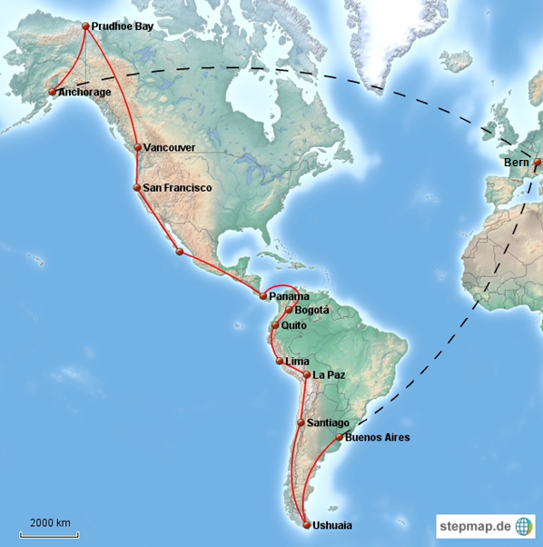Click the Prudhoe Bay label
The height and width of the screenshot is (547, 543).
123,27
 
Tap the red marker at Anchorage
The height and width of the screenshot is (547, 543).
53,92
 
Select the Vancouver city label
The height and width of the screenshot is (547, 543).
170,147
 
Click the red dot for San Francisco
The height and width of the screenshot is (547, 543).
136,188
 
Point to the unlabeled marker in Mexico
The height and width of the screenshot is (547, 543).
180,252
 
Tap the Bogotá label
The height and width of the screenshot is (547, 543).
312,310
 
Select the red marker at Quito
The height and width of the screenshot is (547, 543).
275,324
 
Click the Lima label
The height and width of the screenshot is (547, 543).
297,361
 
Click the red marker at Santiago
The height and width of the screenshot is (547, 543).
301,423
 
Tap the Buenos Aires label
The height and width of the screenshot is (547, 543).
378,438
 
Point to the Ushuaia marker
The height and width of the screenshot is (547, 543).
307,525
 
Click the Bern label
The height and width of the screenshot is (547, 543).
516,163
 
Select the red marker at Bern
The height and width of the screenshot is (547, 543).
537,163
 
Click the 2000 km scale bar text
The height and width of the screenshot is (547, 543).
50,522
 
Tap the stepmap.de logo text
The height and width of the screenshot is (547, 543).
475,526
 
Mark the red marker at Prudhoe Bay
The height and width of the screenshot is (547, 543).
85,27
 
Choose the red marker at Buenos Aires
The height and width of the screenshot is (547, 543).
340,438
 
